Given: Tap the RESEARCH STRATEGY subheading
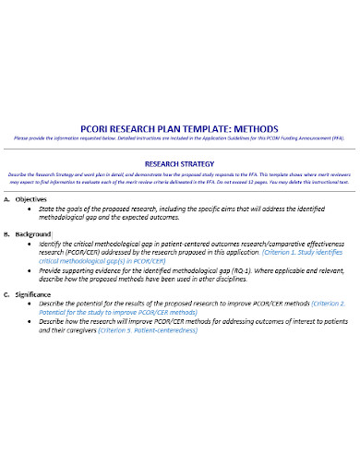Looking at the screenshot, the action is pyautogui.click(x=180, y=162).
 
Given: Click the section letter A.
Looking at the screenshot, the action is pyautogui.click(x=7, y=199).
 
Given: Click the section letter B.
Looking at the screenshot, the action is pyautogui.click(x=7, y=233).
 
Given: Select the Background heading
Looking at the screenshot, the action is pyautogui.click(x=37, y=233).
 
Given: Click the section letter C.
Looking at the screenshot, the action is pyautogui.click(x=7, y=293).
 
